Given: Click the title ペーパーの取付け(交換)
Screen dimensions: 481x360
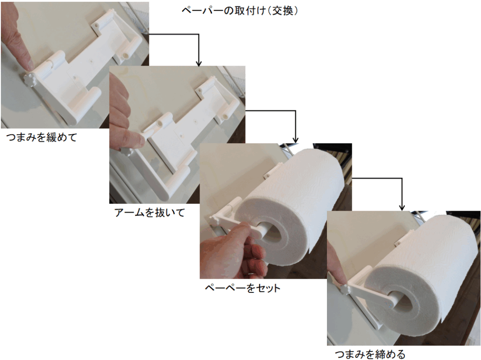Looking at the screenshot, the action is pyautogui.click(x=240, y=11).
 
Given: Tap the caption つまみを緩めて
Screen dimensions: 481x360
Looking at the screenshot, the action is pyautogui.click(x=41, y=137).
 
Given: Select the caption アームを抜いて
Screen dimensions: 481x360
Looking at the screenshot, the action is pyautogui.click(x=149, y=212).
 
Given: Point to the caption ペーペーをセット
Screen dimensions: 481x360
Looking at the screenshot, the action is pyautogui.click(x=242, y=288).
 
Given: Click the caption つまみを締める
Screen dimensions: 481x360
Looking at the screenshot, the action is pyautogui.click(x=370, y=354).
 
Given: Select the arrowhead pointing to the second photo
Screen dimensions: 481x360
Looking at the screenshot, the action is pyautogui.click(x=199, y=63).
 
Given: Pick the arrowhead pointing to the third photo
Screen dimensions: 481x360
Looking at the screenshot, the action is pyautogui.click(x=295, y=140).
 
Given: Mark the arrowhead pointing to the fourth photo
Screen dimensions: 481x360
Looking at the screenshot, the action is pyautogui.click(x=402, y=207).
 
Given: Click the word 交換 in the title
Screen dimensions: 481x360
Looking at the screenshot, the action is pyautogui.click(x=283, y=11).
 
